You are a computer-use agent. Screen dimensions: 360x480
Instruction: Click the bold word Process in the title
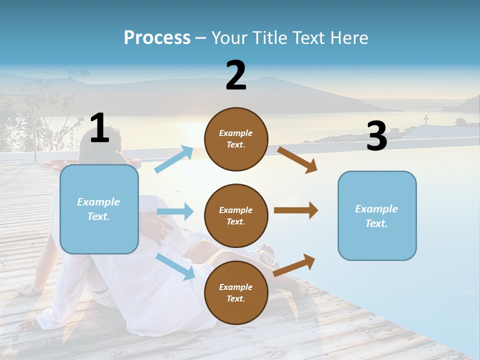pos(157,38)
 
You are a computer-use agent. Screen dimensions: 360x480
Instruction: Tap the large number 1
pos(99,128)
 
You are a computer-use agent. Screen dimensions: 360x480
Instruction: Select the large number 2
pos(236,75)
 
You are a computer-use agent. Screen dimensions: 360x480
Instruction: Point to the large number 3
pos(377,136)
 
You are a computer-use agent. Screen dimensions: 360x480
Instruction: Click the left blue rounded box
pos(99,209)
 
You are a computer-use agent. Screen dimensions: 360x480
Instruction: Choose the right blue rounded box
pos(377,215)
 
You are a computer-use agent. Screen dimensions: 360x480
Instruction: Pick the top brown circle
pos(236,139)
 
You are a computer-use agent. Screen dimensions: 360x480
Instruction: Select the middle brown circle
pos(236,215)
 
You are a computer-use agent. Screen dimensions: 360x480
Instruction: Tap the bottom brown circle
pos(236,292)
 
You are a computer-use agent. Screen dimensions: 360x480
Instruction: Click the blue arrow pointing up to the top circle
pos(174,159)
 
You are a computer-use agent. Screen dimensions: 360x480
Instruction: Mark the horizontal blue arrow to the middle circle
pos(175,211)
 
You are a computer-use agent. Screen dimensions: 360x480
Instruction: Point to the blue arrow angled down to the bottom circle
pos(175,266)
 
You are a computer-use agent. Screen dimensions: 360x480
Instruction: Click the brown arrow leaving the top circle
pos(297,159)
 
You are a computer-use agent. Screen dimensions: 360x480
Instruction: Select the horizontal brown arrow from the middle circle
pos(295,210)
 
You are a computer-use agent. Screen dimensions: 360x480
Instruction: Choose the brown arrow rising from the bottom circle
pos(294,265)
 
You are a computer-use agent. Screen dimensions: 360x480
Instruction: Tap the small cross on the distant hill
pos(426,119)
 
